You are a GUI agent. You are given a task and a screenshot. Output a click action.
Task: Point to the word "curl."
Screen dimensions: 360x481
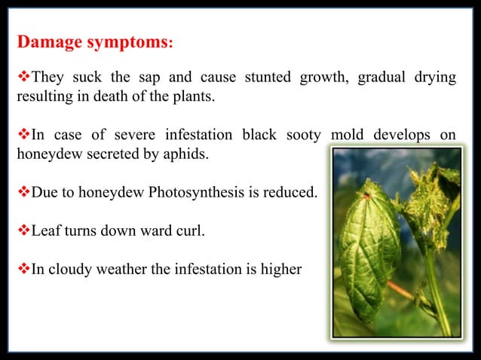click(x=189, y=230)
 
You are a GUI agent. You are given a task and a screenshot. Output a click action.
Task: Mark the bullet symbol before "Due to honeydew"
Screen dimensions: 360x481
click(x=23, y=193)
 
